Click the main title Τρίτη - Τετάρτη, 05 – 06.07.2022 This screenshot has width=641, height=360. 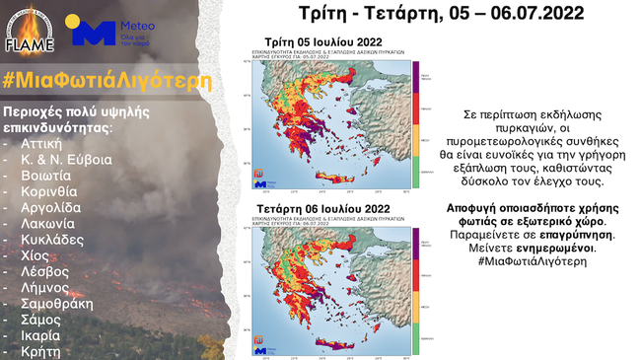click(x=439, y=14)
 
